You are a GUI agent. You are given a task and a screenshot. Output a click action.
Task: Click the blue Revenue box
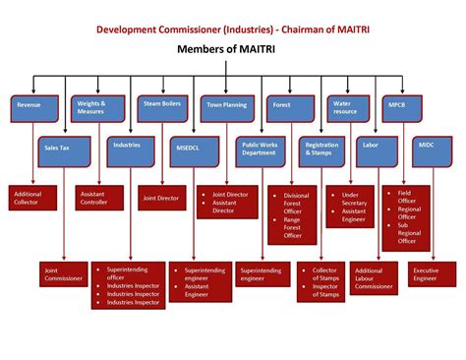pyautogui.click(x=35, y=108)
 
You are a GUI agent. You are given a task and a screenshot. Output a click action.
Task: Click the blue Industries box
pyautogui.click(x=132, y=150)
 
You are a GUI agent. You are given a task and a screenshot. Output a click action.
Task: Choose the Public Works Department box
pyautogui.click(x=261, y=150)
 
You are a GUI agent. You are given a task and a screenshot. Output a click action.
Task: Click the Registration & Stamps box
pyautogui.click(x=321, y=150)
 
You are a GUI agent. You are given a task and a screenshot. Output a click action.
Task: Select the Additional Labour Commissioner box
pyautogui.click(x=375, y=277)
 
